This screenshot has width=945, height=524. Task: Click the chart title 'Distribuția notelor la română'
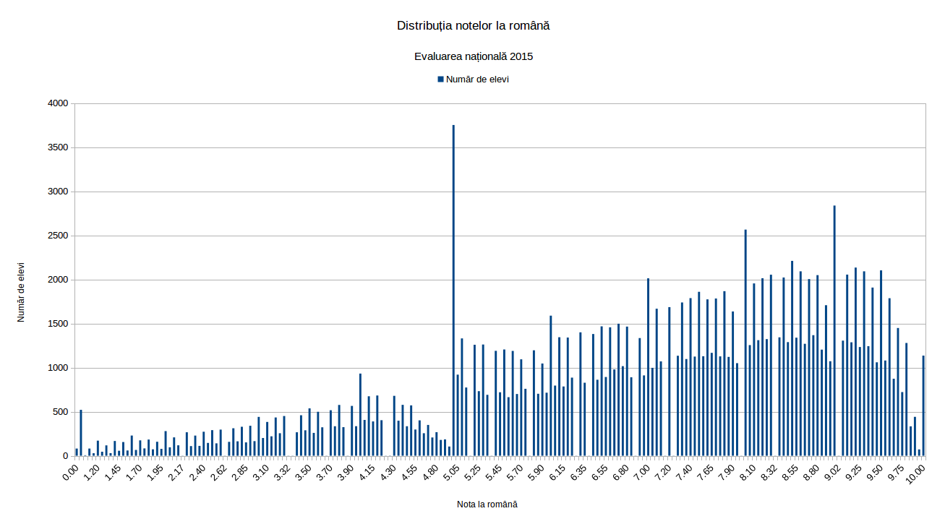coord(473,26)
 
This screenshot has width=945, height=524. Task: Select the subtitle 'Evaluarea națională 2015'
coord(473,56)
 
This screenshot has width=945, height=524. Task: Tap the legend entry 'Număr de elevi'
coord(477,79)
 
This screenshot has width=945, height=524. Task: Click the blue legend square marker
coord(440,79)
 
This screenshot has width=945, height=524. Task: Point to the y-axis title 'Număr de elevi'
coord(21,292)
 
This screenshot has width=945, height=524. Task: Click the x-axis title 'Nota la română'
coord(487,504)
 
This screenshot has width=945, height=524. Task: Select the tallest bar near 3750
coord(453,289)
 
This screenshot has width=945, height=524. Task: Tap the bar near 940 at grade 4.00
coord(360,415)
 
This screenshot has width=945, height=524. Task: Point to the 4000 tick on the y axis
coord(57,103)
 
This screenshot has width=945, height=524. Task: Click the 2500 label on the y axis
coord(57,236)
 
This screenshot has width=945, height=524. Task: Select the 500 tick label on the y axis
coord(59,412)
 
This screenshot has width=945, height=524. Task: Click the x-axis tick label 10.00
coord(917,474)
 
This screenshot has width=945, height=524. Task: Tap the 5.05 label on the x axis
coord(451,474)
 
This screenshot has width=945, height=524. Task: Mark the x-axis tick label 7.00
coord(641,474)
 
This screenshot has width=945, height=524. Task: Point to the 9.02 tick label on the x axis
coord(832,474)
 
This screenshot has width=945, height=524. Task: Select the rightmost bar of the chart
coord(923,406)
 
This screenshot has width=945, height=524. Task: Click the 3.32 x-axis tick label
coord(282,474)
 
